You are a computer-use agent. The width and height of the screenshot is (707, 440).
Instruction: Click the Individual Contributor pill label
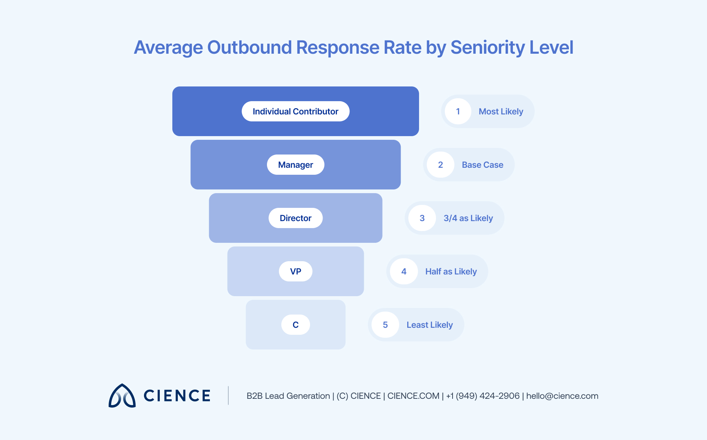coord(295,111)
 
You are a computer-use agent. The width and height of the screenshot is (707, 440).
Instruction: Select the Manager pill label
coord(295,165)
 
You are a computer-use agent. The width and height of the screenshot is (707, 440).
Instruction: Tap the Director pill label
coord(295,218)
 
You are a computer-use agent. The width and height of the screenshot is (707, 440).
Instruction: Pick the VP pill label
coord(295,272)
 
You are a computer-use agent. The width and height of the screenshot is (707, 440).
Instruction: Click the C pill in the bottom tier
coord(295,325)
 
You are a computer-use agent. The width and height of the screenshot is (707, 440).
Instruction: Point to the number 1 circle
coord(458,111)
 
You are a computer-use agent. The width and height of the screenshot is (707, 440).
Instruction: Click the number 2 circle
coord(440,165)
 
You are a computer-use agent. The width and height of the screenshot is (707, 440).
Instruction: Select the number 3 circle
coord(422,218)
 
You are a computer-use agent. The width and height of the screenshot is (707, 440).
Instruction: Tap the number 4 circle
coord(404,272)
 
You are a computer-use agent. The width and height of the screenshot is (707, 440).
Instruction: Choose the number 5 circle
coord(385,325)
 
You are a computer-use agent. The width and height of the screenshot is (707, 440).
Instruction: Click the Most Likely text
coord(501,111)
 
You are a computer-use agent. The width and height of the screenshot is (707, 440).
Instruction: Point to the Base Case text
coord(482,165)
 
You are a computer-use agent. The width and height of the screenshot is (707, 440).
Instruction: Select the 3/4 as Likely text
coord(468,218)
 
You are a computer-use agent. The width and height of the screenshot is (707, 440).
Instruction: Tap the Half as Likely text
coord(451,272)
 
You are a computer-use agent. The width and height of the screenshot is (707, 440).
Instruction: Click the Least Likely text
coord(429,325)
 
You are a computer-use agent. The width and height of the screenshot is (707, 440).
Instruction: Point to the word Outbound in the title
coord(250,48)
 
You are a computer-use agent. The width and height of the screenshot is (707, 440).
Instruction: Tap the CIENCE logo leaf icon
coord(122,396)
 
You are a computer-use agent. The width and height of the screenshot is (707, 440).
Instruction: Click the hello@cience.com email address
coord(562,396)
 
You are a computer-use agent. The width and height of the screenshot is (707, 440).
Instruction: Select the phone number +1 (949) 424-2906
coord(483,396)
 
